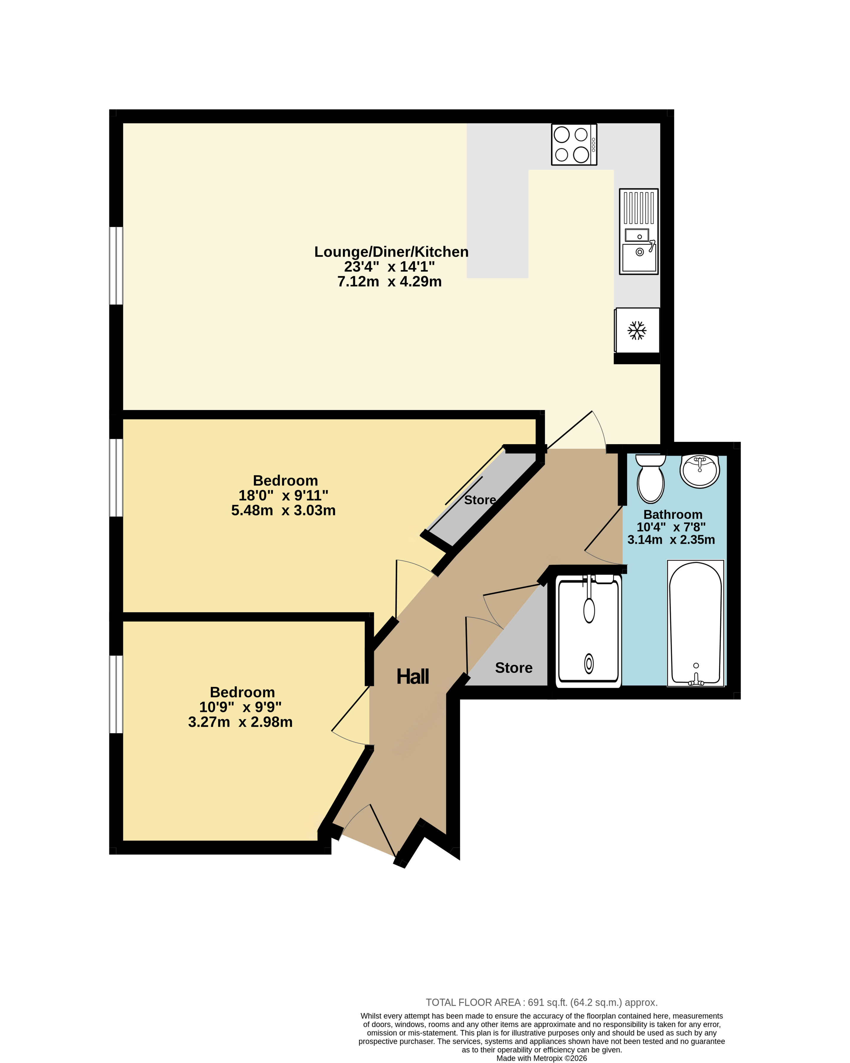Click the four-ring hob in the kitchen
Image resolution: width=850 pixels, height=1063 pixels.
(x=574, y=144)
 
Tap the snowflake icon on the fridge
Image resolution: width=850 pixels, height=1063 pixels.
(x=637, y=330)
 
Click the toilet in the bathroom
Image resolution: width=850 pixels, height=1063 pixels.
(x=650, y=478)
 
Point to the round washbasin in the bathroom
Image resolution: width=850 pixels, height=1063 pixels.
(x=700, y=471)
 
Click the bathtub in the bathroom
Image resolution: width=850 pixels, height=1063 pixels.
(x=695, y=623)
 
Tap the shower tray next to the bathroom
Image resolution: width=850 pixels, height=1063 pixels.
(x=588, y=631)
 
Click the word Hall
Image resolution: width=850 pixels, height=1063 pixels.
(x=413, y=676)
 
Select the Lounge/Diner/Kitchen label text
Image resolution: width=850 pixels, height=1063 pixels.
(x=391, y=252)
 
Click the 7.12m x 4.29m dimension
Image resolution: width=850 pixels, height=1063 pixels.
(x=389, y=282)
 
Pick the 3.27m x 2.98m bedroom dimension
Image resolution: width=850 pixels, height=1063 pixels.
(x=240, y=722)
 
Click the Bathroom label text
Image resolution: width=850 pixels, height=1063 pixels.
(x=673, y=514)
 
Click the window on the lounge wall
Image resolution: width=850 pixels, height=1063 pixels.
(x=116, y=266)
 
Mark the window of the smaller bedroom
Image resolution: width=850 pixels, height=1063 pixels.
(x=116, y=694)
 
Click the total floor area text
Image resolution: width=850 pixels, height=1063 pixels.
(x=542, y=1002)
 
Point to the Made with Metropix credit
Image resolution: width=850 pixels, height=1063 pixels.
(x=542, y=1058)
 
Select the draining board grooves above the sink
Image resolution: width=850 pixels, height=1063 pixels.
(x=639, y=208)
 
